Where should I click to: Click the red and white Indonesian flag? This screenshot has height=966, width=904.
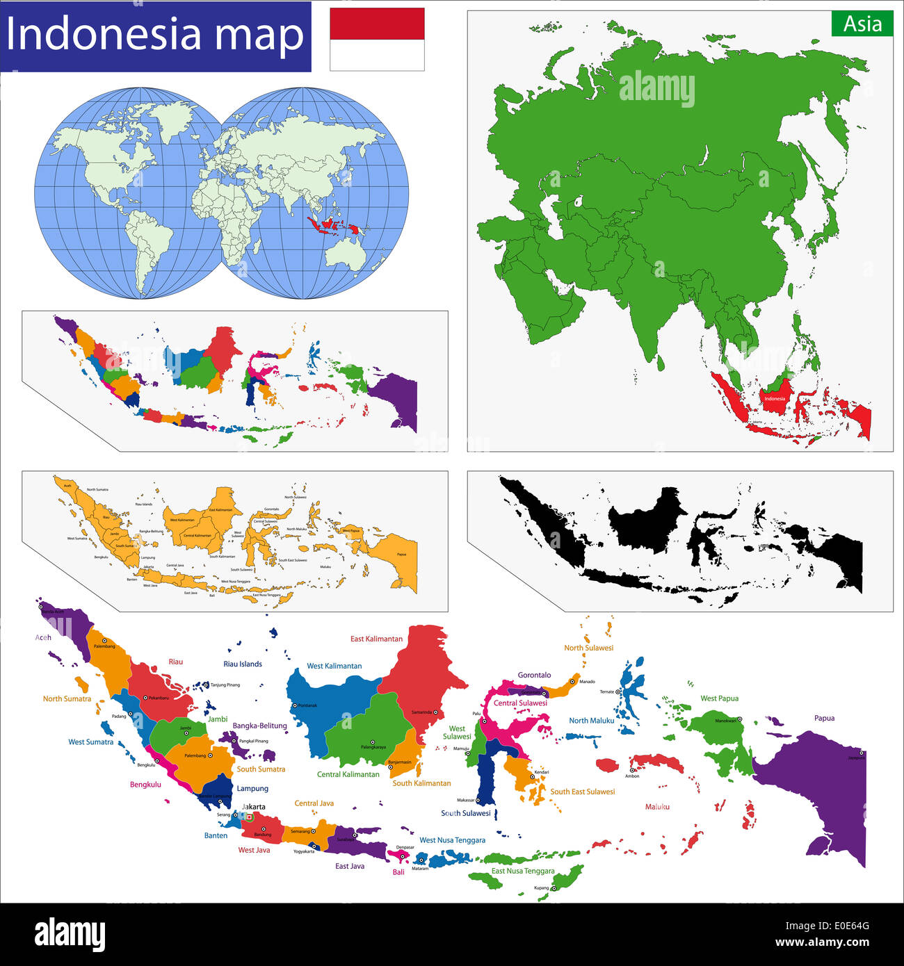(377, 39)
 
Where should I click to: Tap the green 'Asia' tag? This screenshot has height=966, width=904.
(862, 24)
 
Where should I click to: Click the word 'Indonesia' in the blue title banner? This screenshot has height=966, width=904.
(104, 35)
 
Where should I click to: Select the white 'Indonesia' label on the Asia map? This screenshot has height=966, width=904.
(774, 399)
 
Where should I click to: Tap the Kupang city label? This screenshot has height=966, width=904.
(541, 888)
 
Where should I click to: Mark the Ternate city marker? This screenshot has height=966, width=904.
(618, 691)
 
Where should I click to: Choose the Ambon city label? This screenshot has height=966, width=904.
(632, 776)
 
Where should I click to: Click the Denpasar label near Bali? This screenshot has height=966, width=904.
(405, 847)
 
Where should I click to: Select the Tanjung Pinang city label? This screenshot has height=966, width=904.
(225, 685)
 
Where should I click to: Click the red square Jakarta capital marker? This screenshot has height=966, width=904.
(250, 817)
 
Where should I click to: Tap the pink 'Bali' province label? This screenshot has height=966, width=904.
(398, 872)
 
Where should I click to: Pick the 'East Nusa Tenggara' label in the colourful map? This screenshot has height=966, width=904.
(523, 871)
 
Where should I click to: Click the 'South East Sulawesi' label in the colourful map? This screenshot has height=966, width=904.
(582, 792)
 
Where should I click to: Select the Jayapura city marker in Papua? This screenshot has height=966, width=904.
(862, 752)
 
